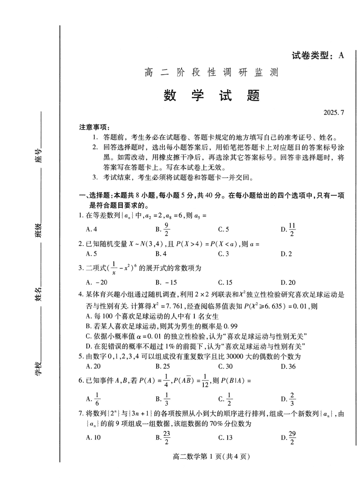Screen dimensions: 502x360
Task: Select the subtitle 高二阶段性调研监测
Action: tap(211, 72)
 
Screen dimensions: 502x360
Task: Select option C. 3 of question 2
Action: tap(224, 254)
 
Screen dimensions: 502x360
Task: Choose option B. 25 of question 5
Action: tap(162, 366)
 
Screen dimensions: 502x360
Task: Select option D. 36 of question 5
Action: tap(286, 366)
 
